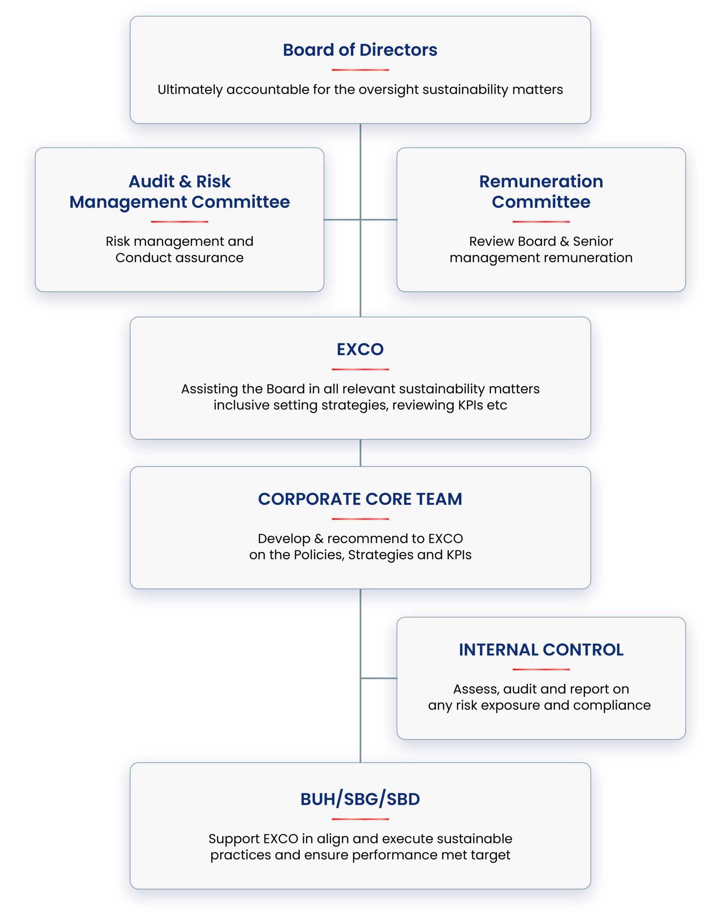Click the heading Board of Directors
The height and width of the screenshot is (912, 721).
pyautogui.click(x=360, y=50)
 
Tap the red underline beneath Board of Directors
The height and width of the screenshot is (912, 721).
pyautogui.click(x=360, y=70)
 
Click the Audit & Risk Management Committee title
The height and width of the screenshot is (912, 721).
pyautogui.click(x=179, y=191)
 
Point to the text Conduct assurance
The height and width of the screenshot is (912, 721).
pyautogui.click(x=179, y=258)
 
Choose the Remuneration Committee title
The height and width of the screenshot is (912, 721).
pyautogui.click(x=541, y=191)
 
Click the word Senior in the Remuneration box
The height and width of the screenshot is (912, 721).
pyautogui.click(x=593, y=241)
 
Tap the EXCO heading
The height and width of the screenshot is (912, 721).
pyautogui.click(x=360, y=349)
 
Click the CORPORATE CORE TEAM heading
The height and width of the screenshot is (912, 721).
pyautogui.click(x=360, y=499)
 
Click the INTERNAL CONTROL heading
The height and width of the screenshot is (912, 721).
pyautogui.click(x=541, y=650)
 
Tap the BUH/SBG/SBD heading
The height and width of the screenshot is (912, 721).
pyautogui.click(x=360, y=799)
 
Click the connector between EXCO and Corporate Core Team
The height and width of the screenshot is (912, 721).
pyautogui.click(x=360, y=452)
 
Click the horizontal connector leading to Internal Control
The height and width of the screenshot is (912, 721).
pyautogui.click(x=379, y=678)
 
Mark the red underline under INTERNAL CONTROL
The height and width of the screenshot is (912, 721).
pyautogui.click(x=541, y=670)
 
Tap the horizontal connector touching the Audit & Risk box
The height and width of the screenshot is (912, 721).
pyautogui.click(x=342, y=219)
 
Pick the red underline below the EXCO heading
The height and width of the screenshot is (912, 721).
pyautogui.click(x=360, y=369)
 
